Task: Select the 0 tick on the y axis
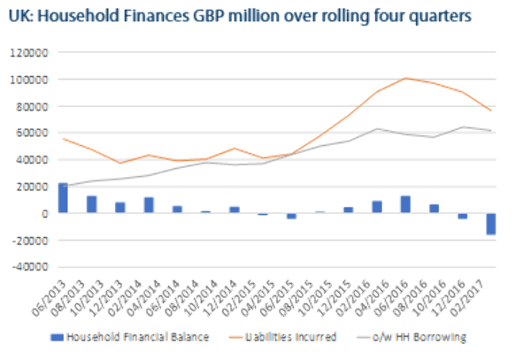click(45, 213)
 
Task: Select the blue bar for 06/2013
click(63, 198)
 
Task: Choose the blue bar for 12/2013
click(120, 208)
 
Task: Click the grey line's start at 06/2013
click(63, 187)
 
